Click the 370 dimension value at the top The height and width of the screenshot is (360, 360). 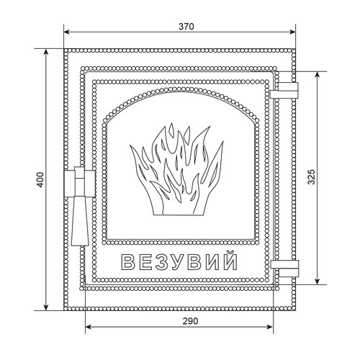(x=186, y=27)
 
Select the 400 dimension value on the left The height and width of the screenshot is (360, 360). (x=40, y=180)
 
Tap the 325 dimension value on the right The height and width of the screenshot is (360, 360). (x=311, y=177)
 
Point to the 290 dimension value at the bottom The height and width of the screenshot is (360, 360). (x=191, y=321)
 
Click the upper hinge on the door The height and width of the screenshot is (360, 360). (x=284, y=91)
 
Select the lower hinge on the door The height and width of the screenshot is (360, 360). (x=284, y=269)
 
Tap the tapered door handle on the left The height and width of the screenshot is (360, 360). (x=80, y=206)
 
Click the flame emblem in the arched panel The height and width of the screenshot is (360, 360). (x=176, y=169)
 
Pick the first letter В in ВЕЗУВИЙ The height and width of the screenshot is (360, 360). (x=128, y=262)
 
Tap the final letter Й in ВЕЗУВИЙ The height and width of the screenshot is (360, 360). (x=230, y=260)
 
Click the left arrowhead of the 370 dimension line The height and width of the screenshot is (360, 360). (x=67, y=32)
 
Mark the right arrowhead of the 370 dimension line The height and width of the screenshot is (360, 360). (x=292, y=32)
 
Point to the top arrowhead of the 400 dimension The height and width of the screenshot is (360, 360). (x=46, y=53)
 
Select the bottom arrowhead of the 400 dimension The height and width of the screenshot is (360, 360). (x=46, y=307)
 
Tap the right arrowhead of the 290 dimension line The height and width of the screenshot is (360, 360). (x=270, y=327)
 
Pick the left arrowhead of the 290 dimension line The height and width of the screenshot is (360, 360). (x=89, y=327)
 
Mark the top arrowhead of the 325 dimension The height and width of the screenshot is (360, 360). (x=318, y=75)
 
